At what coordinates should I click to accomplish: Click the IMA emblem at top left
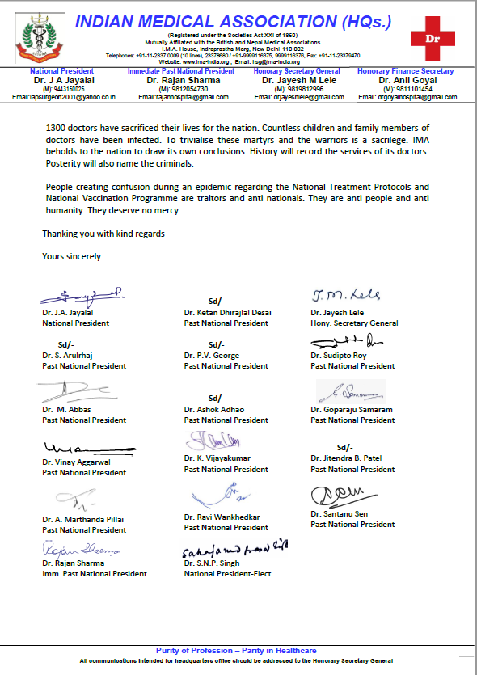(x=32, y=36)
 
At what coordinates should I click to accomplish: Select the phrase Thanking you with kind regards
(x=103, y=234)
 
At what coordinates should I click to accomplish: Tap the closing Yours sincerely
(x=72, y=256)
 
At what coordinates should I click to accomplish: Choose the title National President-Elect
(x=227, y=574)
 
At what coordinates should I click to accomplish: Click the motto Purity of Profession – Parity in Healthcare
(x=237, y=651)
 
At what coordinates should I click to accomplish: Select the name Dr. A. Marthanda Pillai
(x=83, y=519)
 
